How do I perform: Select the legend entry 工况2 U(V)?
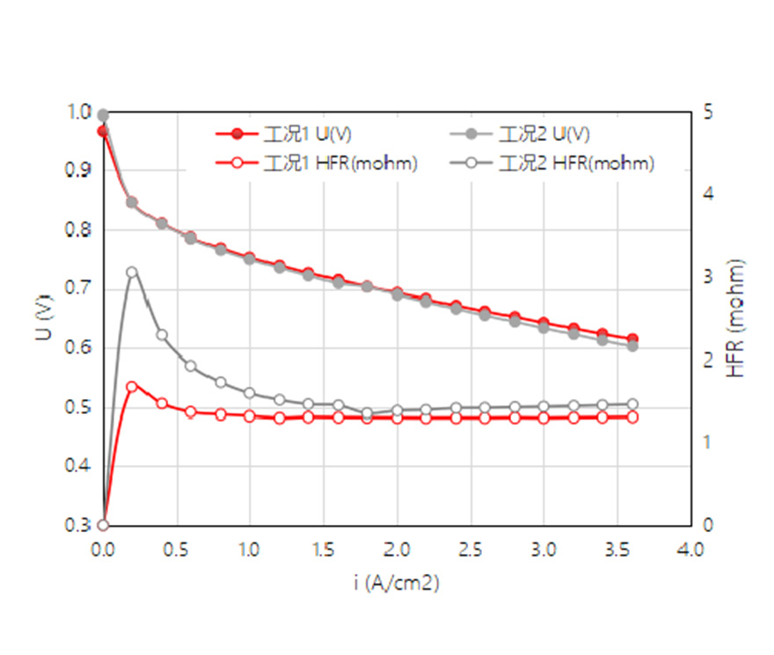coord(544,135)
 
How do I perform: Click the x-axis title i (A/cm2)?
coord(398,584)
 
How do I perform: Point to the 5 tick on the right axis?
coord(706,112)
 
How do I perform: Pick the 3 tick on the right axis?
coord(706,277)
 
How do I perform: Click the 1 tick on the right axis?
coord(706,443)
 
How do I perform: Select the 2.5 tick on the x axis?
coord(471,549)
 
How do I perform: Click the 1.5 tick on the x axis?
coord(324,549)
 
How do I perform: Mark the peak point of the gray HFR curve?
coord(132,273)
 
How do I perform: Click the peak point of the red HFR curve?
coord(132,386)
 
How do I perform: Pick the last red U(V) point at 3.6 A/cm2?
coord(632,339)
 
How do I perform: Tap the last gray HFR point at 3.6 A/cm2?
coord(632,404)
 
